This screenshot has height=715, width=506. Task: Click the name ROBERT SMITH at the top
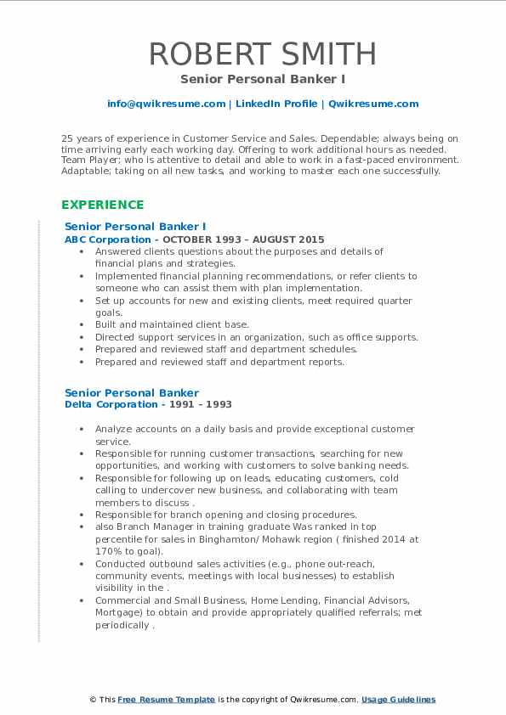(x=262, y=53)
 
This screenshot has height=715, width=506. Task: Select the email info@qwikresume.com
(x=166, y=104)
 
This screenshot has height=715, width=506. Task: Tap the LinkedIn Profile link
(x=265, y=104)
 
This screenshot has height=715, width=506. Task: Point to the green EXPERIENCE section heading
(x=102, y=205)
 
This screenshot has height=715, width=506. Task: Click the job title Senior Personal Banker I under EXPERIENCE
(x=135, y=227)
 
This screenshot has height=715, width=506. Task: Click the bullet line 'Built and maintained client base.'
(x=172, y=324)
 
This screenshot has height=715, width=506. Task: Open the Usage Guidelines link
(x=398, y=700)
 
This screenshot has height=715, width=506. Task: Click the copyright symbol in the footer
(x=94, y=700)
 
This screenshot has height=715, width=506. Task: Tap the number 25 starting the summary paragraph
(x=67, y=138)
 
